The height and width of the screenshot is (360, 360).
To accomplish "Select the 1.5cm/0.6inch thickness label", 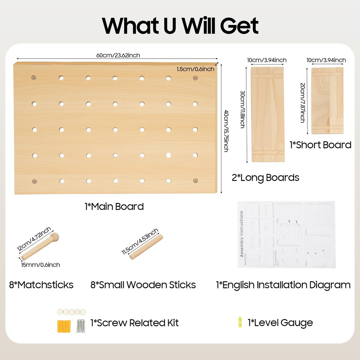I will coord(195,69).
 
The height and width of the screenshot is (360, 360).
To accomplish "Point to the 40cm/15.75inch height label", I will coord(226,130).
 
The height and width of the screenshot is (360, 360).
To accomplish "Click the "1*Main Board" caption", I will coord(114,207).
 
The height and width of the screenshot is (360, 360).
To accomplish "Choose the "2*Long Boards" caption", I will coord(265,177).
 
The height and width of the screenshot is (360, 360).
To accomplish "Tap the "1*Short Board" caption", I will coord(320,145).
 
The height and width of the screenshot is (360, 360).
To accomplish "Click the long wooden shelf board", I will coord(267,114).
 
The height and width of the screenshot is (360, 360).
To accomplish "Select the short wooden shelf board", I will coord(327,100).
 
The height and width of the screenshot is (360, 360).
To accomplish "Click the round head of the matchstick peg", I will coord(56,238).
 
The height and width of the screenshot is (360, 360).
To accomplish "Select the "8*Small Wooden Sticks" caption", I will coord(143,285).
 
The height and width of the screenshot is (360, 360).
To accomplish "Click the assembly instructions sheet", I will coord(286,234).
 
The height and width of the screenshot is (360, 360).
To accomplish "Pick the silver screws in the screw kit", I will coord(81,326).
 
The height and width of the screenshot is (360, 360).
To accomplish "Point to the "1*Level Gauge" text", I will coord(280,323).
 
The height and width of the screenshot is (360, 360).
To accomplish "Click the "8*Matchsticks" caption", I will coord(41,285).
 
